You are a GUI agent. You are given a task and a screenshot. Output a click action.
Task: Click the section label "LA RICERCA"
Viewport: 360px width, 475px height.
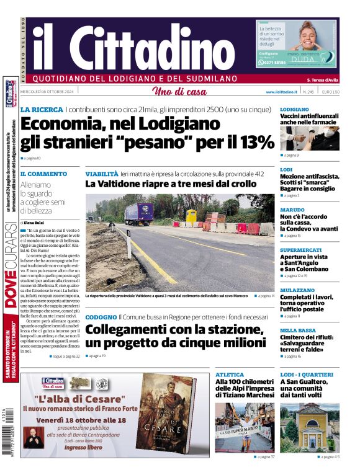click(x=41, y=110)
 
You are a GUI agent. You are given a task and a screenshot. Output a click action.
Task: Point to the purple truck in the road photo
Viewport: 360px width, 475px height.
click(x=138, y=213)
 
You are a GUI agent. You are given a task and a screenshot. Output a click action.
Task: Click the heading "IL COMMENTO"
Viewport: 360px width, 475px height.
click(x=43, y=174)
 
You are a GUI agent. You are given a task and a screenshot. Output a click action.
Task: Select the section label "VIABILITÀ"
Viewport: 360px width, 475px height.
click(x=101, y=174)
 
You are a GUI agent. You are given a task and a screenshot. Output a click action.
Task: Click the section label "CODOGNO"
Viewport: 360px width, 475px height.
click(x=100, y=317)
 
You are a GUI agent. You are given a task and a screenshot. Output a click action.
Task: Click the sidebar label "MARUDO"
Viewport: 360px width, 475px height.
click(x=292, y=209)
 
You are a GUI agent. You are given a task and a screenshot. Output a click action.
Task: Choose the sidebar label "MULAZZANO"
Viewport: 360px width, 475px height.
click(x=298, y=290)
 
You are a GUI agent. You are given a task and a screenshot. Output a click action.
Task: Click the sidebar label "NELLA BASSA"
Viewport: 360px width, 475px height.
click(x=299, y=331)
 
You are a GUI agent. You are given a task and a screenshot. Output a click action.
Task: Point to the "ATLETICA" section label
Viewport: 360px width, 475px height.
click(x=230, y=375)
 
